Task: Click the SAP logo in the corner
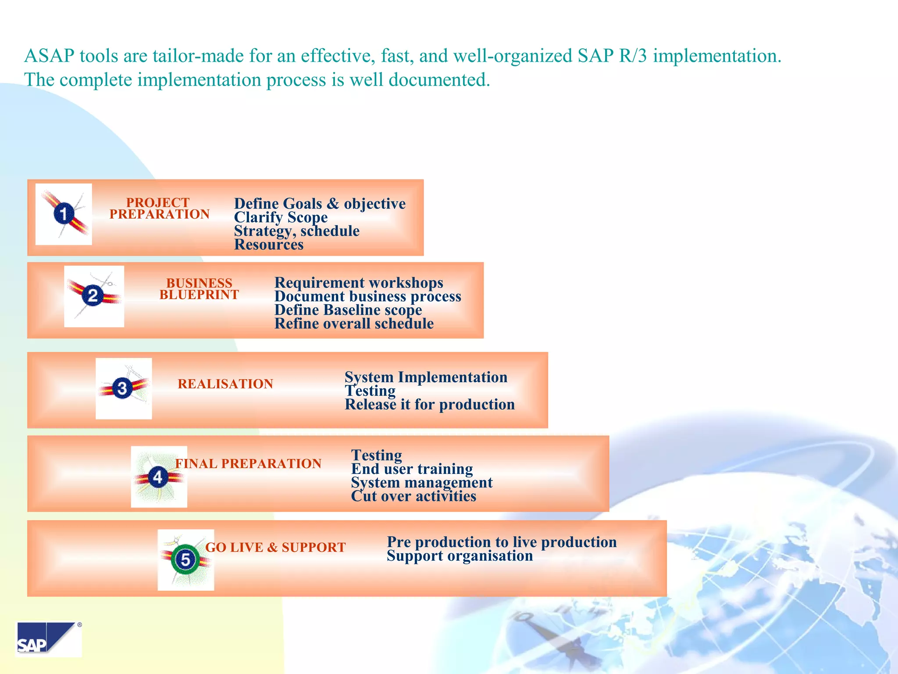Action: point(48,639)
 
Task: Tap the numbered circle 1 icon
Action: point(64,214)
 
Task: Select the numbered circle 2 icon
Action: point(93,296)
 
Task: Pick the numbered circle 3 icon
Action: point(122,388)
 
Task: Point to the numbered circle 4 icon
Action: point(158,477)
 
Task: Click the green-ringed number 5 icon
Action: point(185,559)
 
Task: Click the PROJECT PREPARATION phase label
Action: point(159,208)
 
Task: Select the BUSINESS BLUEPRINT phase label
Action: point(199,289)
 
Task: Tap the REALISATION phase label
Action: point(225,384)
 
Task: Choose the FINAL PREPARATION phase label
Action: point(248,464)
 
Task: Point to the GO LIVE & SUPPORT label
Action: point(275,548)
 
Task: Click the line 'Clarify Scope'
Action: point(281,218)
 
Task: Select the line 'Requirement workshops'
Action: point(359,283)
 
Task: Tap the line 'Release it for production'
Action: point(430,405)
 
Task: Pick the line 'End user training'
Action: point(412,469)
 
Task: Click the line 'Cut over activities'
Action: point(413,496)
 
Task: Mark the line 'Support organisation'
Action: point(460,556)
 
